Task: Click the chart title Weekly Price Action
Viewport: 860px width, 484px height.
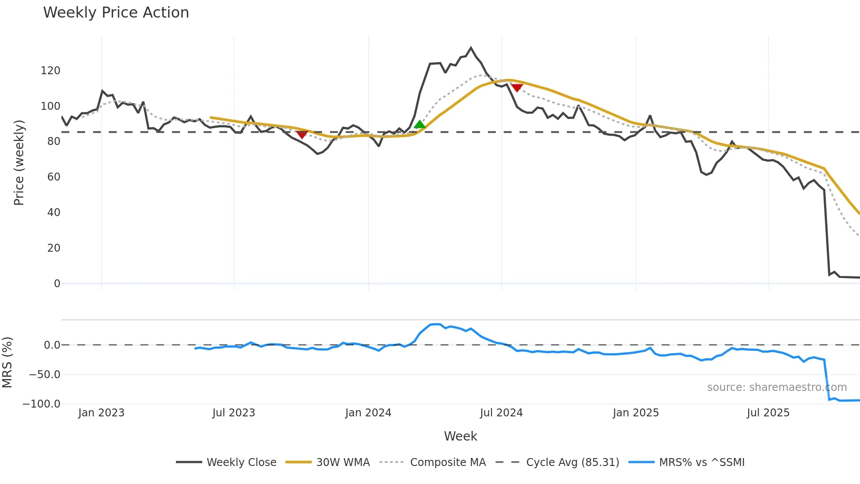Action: (116, 13)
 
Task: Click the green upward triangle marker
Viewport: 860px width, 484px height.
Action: (420, 125)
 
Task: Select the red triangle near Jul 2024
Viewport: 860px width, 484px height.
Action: (517, 88)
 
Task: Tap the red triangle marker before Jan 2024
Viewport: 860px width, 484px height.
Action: (302, 134)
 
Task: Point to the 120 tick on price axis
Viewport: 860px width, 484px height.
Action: (50, 71)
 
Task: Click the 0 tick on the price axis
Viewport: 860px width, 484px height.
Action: (57, 284)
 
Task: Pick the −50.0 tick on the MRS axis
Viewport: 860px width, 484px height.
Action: (44, 375)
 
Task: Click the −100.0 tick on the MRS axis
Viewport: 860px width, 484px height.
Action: (41, 404)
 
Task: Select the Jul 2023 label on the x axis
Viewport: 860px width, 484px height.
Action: (233, 413)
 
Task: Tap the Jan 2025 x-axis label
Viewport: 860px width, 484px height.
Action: (636, 413)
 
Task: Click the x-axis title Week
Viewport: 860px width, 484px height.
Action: (460, 436)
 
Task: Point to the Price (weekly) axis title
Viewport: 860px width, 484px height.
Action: (19, 163)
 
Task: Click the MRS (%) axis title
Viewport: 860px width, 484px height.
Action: (7, 362)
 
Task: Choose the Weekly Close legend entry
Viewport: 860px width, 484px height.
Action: (241, 462)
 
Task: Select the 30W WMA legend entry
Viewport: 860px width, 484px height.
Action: (343, 462)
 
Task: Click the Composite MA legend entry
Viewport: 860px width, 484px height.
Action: (448, 462)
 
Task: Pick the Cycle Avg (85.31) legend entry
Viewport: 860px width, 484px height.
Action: (572, 462)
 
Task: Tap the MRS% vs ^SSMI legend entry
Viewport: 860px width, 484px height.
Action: (701, 462)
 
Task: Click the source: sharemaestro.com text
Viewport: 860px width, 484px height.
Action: (777, 387)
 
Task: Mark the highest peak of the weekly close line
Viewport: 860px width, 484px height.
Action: (471, 47)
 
